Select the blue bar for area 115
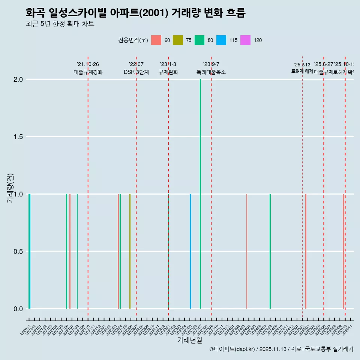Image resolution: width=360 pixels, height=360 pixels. [x=190, y=251]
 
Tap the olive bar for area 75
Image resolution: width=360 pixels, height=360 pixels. [x=130, y=251]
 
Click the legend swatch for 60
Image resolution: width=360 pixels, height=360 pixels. [x=156, y=40]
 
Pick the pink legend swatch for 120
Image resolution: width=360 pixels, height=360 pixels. [x=245, y=40]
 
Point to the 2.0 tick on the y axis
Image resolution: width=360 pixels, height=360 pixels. [x=18, y=79]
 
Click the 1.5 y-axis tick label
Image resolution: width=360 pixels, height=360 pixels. [x=18, y=137]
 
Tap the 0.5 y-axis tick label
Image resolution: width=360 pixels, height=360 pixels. [x=18, y=252]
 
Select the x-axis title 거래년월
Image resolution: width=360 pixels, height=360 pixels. [x=190, y=340]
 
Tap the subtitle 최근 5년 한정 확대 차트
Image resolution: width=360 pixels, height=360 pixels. [x=60, y=24]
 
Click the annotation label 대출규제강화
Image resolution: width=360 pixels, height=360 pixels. [x=88, y=72]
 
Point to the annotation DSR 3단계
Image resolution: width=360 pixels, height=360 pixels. [x=136, y=72]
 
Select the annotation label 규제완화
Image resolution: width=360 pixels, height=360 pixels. [x=168, y=72]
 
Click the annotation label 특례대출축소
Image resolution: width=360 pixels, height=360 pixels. [x=211, y=72]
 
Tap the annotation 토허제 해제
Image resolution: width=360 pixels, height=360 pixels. [x=302, y=71]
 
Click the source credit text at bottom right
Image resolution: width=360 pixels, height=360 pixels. [x=281, y=349]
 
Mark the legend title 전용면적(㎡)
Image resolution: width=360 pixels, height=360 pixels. [x=133, y=40]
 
